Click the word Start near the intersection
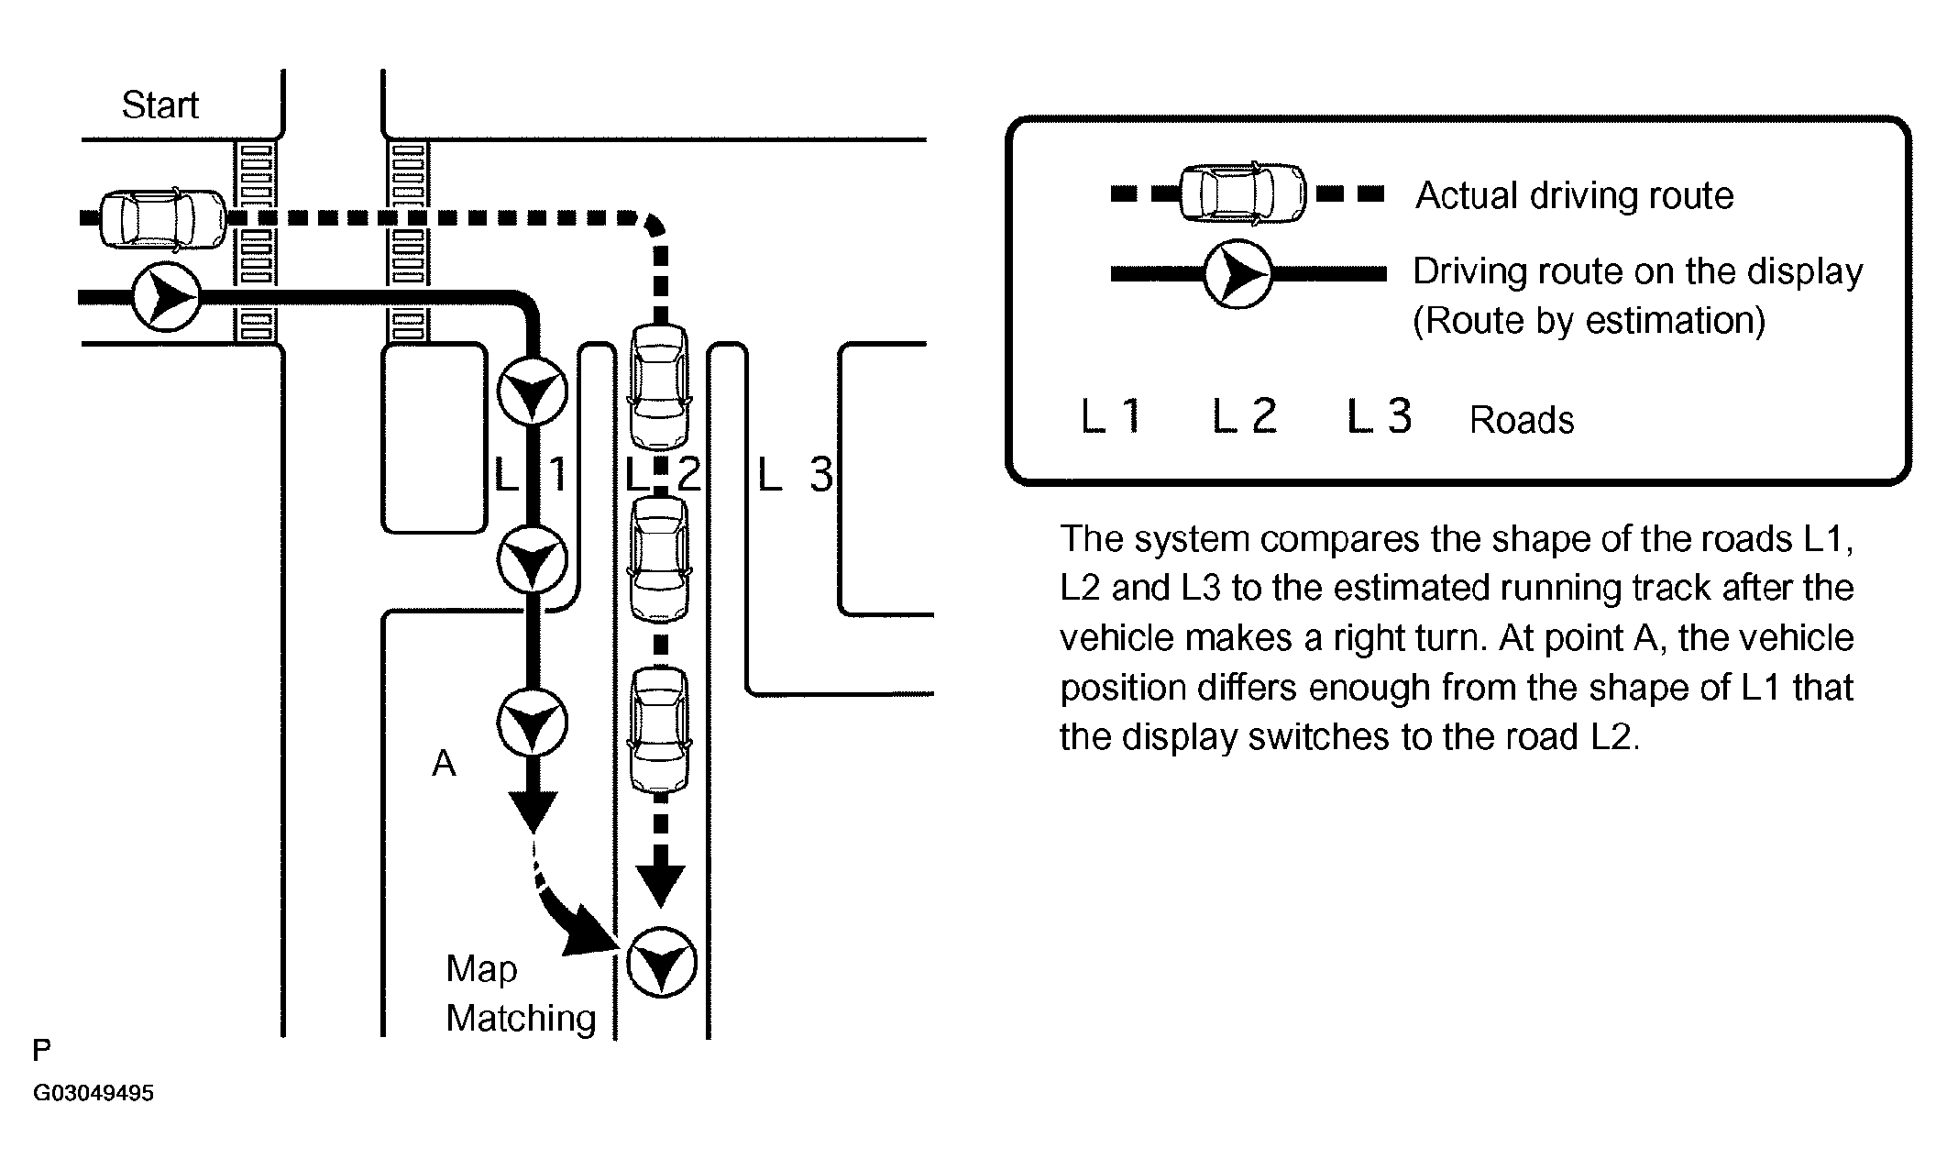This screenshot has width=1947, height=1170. pyautogui.click(x=159, y=105)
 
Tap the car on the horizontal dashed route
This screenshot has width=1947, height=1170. pyautogui.click(x=162, y=218)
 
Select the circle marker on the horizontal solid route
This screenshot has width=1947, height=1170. pyautogui.click(x=166, y=297)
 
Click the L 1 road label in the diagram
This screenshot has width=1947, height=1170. pyautogui.click(x=531, y=474)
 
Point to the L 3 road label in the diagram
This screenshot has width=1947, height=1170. pyautogui.click(x=795, y=474)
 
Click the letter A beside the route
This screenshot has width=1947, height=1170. pyautogui.click(x=444, y=763)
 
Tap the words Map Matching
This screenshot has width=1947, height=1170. pyautogui.click(x=521, y=993)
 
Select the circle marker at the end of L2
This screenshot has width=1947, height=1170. pyautogui.click(x=662, y=963)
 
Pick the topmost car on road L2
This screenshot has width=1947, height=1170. pyautogui.click(x=659, y=386)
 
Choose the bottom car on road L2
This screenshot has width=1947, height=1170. pyautogui.click(x=659, y=730)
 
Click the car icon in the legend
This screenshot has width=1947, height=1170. pyautogui.click(x=1243, y=193)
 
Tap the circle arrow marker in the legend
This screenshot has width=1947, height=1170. pyautogui.click(x=1237, y=273)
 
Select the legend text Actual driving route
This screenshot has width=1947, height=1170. pyautogui.click(x=1575, y=196)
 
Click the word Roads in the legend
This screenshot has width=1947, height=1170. pyautogui.click(x=1522, y=420)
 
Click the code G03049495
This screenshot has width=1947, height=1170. pyautogui.click(x=93, y=1093)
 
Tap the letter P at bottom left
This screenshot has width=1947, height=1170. pyautogui.click(x=42, y=1050)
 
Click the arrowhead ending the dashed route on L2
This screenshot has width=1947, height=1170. pyautogui.click(x=661, y=885)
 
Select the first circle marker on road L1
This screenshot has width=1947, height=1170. pyautogui.click(x=533, y=392)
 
